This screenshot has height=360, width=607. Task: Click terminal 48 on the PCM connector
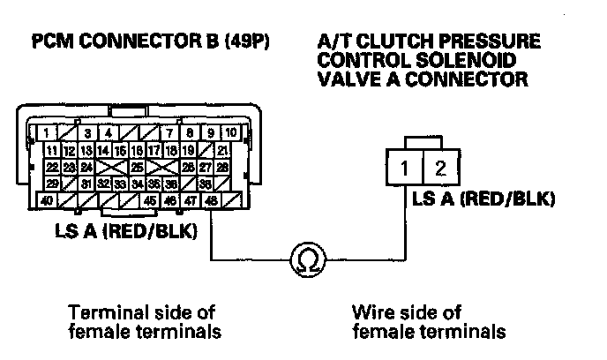[212, 201]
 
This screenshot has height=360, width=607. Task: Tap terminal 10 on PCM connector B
[229, 133]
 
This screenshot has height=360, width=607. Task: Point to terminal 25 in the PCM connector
[138, 167]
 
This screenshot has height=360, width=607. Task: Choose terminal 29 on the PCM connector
[54, 184]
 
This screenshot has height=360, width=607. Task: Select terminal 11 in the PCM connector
[52, 150]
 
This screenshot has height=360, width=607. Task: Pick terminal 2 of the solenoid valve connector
[441, 168]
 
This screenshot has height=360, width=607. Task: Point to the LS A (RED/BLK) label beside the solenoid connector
[484, 198]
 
